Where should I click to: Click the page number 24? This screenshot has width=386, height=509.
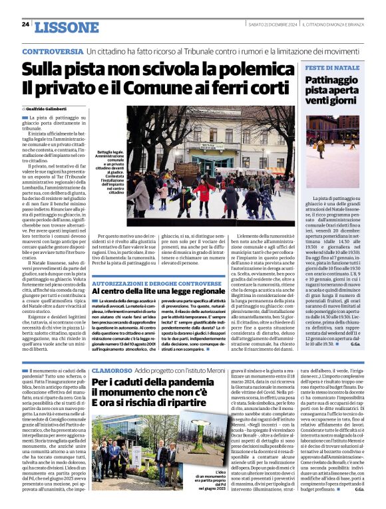coord(25,25)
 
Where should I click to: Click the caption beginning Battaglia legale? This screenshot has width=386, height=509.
coord(112,172)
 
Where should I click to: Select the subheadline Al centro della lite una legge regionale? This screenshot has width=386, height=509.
coord(158,291)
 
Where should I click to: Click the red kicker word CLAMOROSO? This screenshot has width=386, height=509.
coord(111,369)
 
